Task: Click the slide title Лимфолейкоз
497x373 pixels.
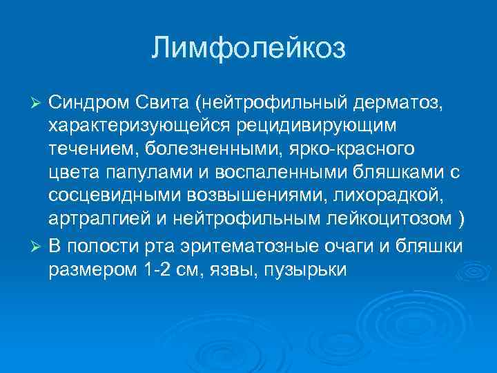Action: (248, 48)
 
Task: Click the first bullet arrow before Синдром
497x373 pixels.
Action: (39, 104)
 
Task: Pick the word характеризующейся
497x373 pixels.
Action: (135, 126)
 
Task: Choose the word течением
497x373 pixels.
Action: (90, 149)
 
